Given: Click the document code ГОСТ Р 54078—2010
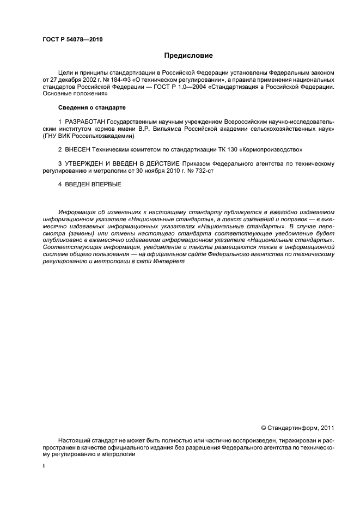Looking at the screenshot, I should tap(72, 40).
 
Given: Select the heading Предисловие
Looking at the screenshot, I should tap(188, 56).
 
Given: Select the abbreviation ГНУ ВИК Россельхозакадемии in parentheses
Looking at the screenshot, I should tap(88, 135).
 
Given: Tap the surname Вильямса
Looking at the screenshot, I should tap(163, 128).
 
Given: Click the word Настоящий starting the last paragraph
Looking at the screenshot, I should tap(74, 439).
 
